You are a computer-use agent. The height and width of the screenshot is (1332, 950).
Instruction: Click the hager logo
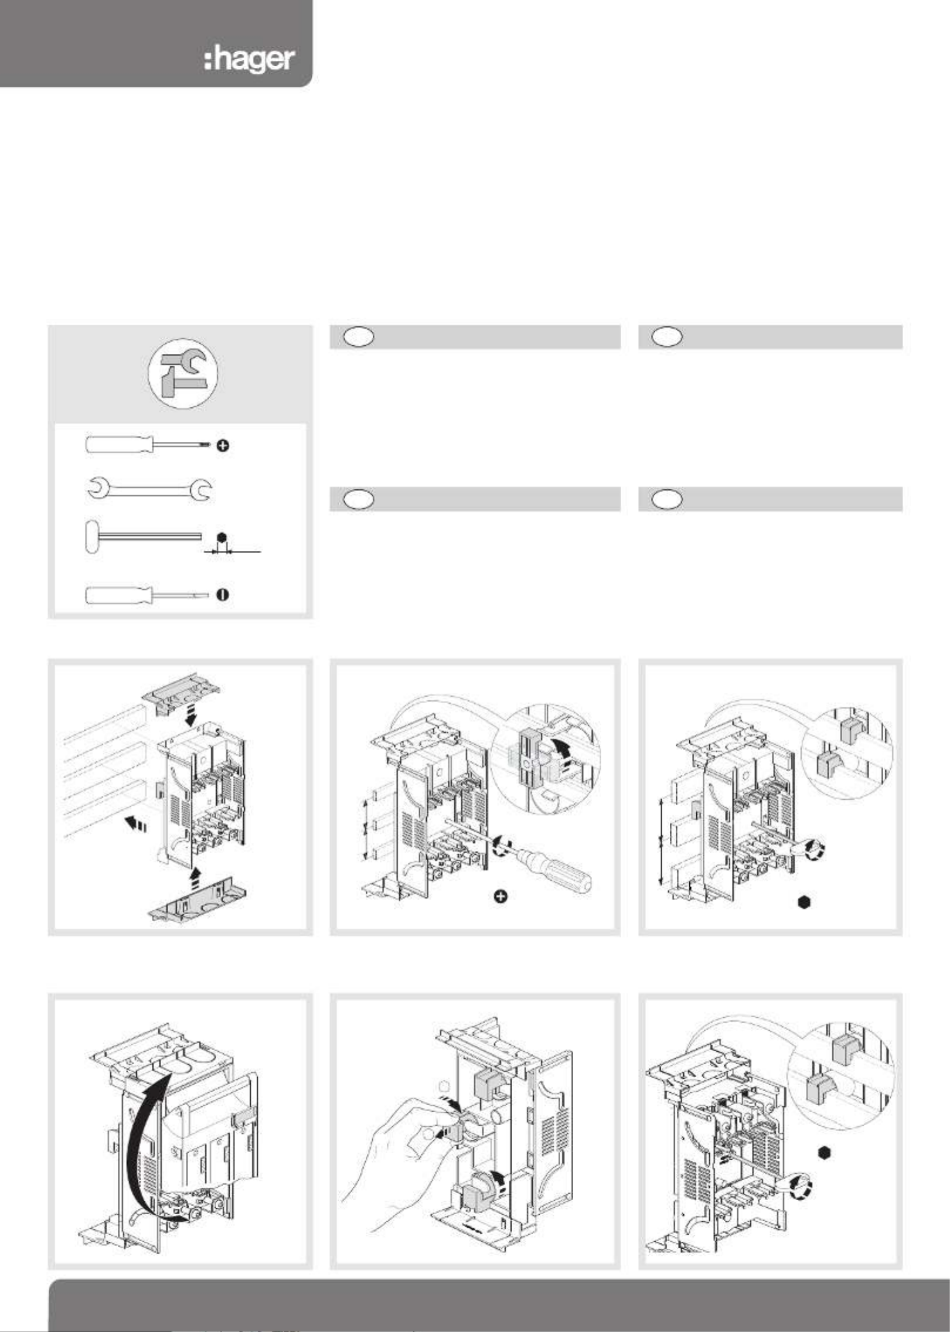(x=249, y=60)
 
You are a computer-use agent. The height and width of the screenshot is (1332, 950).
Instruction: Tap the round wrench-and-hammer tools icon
(x=182, y=373)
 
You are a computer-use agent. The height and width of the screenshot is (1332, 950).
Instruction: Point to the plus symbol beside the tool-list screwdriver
(x=223, y=446)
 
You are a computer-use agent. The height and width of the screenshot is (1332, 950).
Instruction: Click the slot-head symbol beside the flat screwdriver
(x=223, y=595)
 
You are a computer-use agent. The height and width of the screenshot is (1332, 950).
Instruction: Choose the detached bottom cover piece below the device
(x=196, y=906)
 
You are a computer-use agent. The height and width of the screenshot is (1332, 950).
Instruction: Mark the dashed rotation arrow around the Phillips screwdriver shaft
(x=501, y=848)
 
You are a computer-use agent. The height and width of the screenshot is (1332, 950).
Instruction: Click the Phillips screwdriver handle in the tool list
(x=120, y=444)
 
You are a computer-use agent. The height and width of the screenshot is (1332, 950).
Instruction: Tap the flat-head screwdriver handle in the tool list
(x=120, y=595)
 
